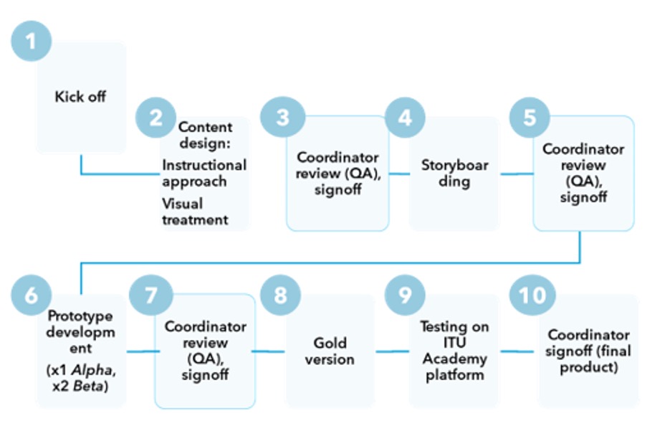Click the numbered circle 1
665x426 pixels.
32,40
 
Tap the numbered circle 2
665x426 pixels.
156,117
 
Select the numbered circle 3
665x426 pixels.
282,117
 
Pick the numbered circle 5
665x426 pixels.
530,117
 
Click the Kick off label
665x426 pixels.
80,96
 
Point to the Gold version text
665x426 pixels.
330,351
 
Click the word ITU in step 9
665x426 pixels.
454,343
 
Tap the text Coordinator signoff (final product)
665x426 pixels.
588,351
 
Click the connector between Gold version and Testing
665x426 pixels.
391,351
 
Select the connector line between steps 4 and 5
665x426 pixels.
516,174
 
